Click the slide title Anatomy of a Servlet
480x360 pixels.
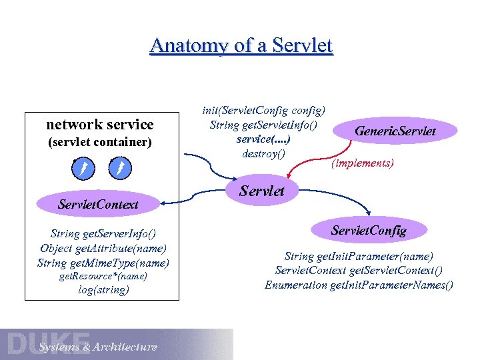241,45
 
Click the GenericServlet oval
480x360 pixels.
395,131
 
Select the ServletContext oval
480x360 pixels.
98,204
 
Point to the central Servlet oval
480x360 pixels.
262,191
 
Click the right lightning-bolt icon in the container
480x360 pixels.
119,165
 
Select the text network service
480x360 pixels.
100,124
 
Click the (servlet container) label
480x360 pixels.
100,142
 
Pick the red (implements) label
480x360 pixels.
363,162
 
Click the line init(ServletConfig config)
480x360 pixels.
269,110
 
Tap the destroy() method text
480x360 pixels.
263,154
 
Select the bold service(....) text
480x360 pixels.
263,139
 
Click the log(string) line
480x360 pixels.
103,289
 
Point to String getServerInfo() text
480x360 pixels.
103,233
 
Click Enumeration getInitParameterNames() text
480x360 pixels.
359,285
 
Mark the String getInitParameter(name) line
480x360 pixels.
359,256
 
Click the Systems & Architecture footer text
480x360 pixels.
98,347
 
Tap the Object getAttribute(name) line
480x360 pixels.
103,248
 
